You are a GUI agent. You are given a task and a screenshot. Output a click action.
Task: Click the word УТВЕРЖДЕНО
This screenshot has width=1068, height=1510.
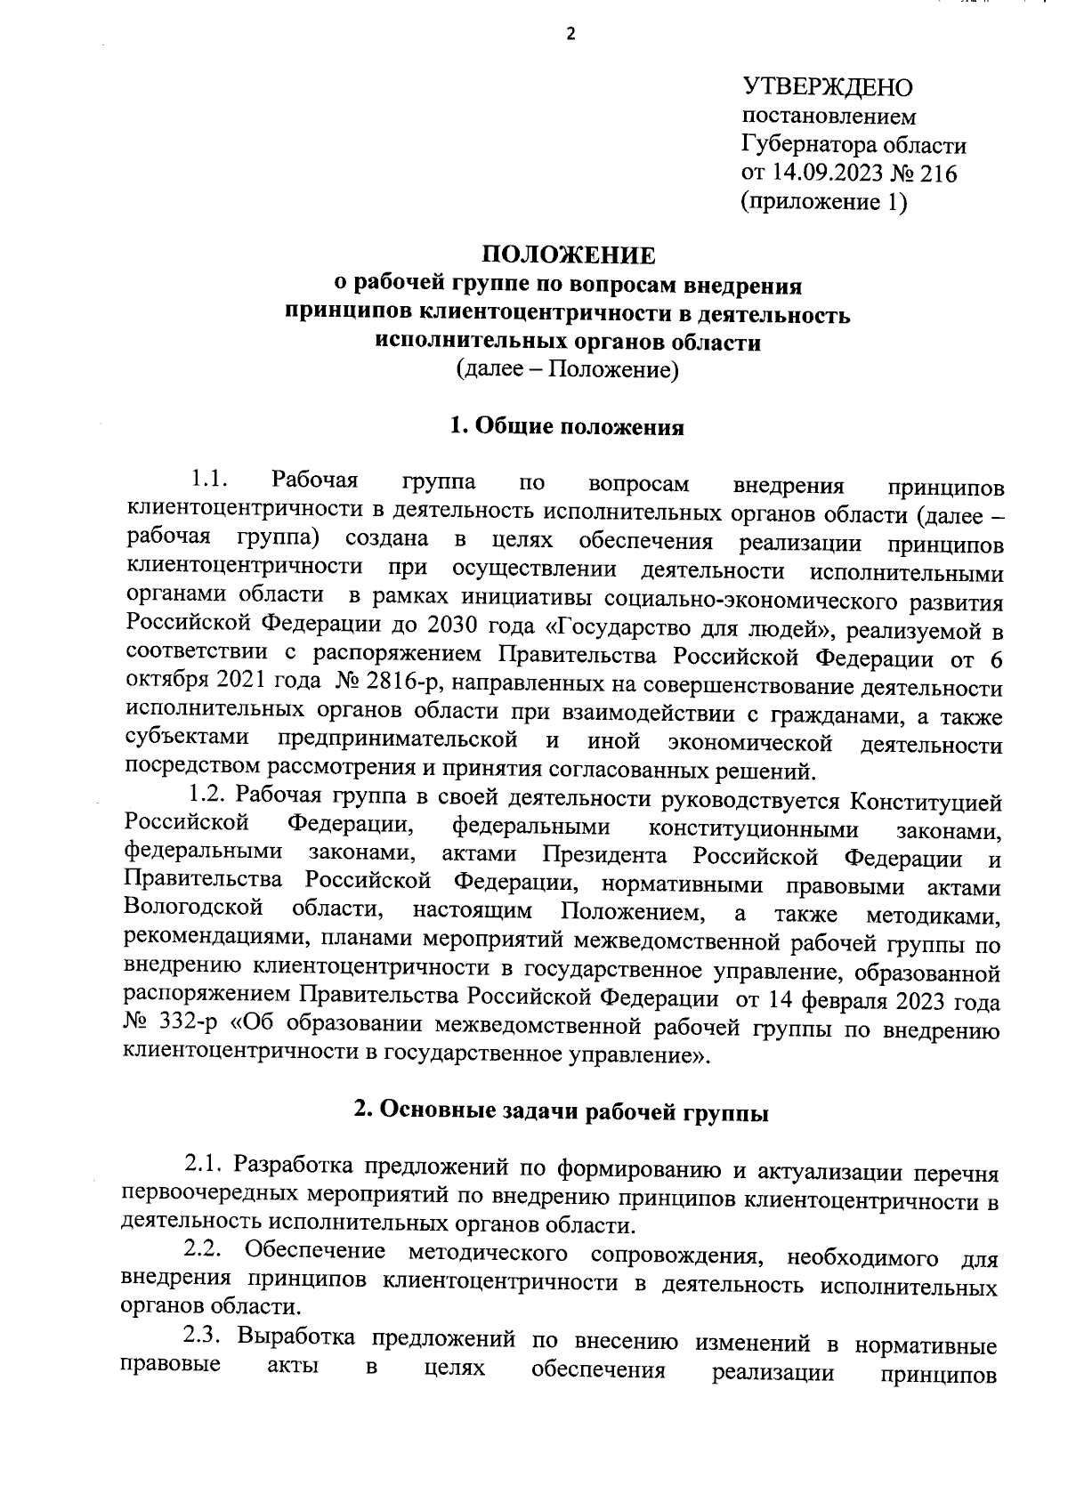tap(828, 87)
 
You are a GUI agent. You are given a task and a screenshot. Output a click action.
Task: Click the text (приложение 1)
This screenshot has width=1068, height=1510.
tap(824, 202)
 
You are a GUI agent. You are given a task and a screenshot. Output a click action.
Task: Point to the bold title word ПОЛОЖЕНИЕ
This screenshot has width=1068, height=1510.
tap(568, 256)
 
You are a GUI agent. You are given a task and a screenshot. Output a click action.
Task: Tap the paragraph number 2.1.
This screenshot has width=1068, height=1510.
tap(205, 1167)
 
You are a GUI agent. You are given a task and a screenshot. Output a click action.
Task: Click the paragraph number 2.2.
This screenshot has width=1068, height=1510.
tap(205, 1253)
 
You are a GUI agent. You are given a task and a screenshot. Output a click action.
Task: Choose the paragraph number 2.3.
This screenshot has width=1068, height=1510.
tap(205, 1338)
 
